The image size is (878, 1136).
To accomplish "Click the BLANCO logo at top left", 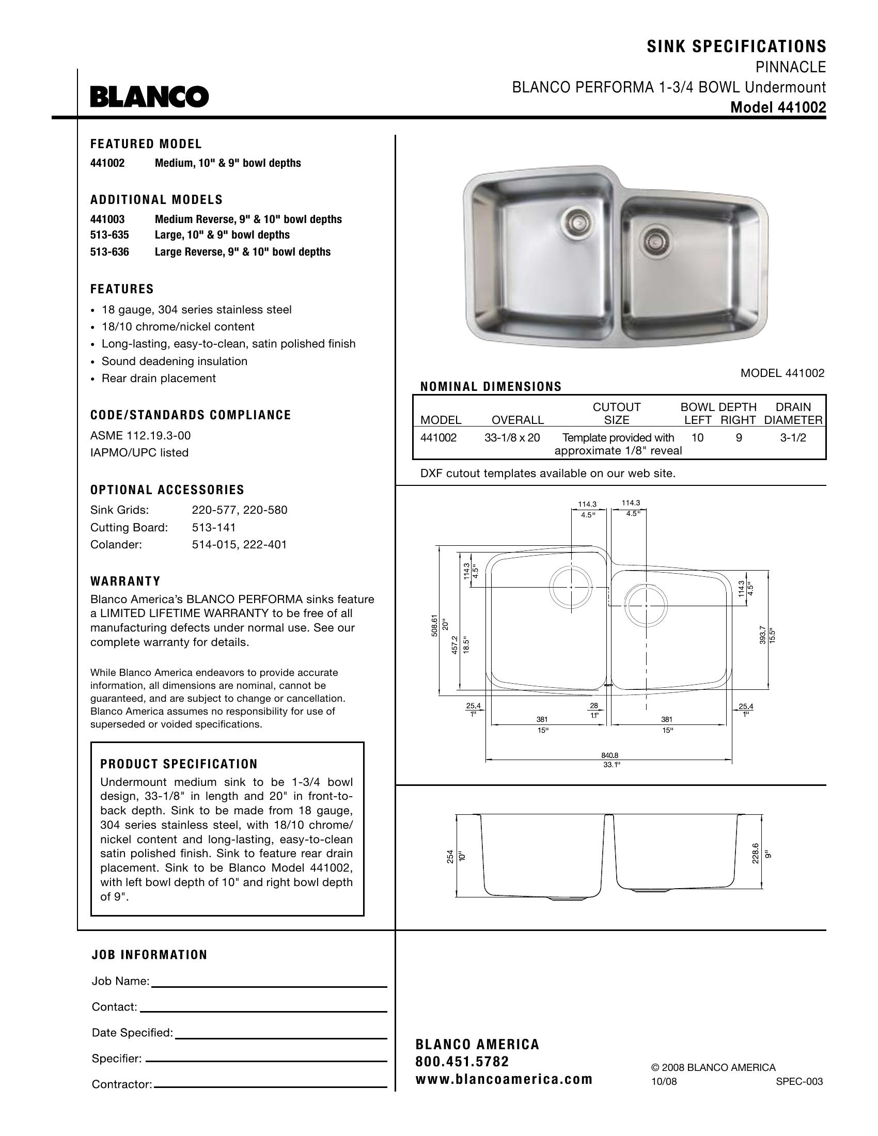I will click(149, 97).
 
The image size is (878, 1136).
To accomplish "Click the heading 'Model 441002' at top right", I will click(778, 107).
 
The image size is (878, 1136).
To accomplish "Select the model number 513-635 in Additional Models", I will click(109, 235).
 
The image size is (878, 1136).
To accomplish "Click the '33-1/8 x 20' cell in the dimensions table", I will click(512, 438).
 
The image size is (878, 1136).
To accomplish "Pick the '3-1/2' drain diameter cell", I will click(793, 438).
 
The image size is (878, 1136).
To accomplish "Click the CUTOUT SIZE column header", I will click(617, 414).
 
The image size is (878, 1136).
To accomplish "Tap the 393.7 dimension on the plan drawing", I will click(762, 635).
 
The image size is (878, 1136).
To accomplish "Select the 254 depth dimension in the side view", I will click(450, 857).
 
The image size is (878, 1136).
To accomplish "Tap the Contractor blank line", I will click(271, 1086).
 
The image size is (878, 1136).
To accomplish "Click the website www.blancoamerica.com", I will click(504, 1079).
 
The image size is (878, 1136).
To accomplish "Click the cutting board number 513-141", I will click(214, 527).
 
